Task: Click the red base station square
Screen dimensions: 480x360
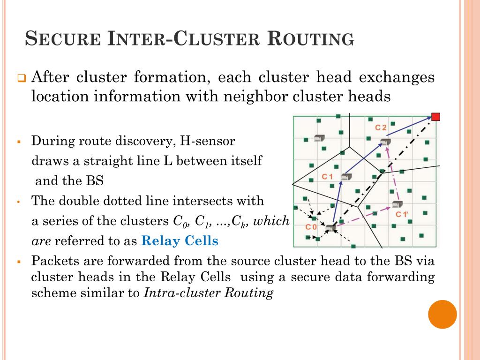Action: (435, 117)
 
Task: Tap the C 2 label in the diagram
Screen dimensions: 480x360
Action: (381, 127)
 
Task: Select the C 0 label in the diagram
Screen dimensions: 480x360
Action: (311, 227)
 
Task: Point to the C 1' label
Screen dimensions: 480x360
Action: (402, 215)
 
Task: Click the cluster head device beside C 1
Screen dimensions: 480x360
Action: (346, 177)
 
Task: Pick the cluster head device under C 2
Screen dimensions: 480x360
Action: (385, 142)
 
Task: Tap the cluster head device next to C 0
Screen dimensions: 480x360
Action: (331, 228)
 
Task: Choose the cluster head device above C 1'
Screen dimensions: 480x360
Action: (397, 204)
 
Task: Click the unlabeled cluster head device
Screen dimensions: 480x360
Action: (319, 138)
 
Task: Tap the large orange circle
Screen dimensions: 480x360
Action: (442, 314)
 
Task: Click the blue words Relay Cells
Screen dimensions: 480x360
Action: (180, 241)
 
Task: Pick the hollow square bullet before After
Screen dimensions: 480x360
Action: (22, 78)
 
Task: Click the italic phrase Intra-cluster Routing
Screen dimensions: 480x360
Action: (209, 294)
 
